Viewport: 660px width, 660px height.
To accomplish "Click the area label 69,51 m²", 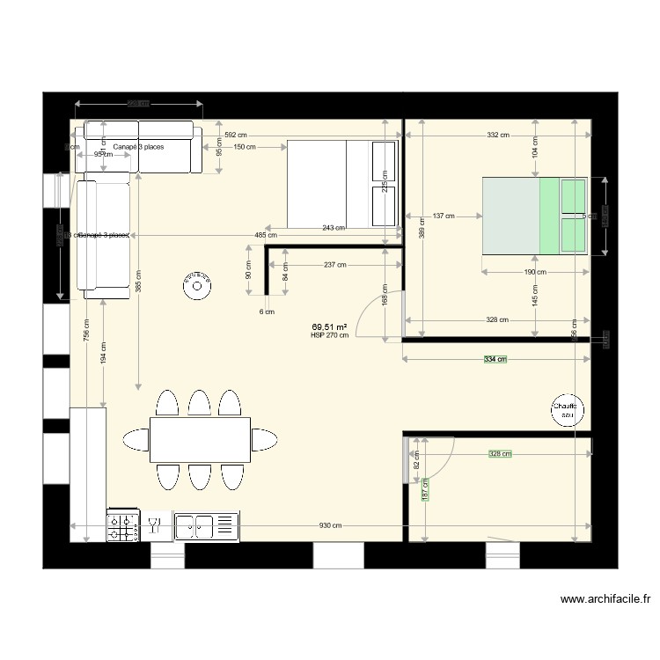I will [x=329, y=326].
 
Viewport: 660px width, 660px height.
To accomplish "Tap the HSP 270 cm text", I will [x=329, y=335].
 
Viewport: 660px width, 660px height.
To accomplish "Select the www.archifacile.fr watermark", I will [x=606, y=600].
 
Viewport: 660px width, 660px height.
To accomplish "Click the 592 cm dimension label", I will [x=236, y=136].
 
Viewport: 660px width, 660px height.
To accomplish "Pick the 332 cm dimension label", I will [x=498, y=136].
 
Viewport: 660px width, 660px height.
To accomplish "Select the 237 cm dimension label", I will [x=334, y=264].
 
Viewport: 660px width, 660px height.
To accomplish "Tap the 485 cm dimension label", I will [x=266, y=235].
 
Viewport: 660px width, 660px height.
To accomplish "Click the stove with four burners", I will [x=124, y=526].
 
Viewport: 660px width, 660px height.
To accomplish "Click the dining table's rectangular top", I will [x=200, y=439].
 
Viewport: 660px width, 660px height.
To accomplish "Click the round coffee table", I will [x=197, y=284].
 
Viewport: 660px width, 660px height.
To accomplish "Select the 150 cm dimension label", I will [x=245, y=147].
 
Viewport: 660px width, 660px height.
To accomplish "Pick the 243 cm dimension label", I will [x=334, y=228].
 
